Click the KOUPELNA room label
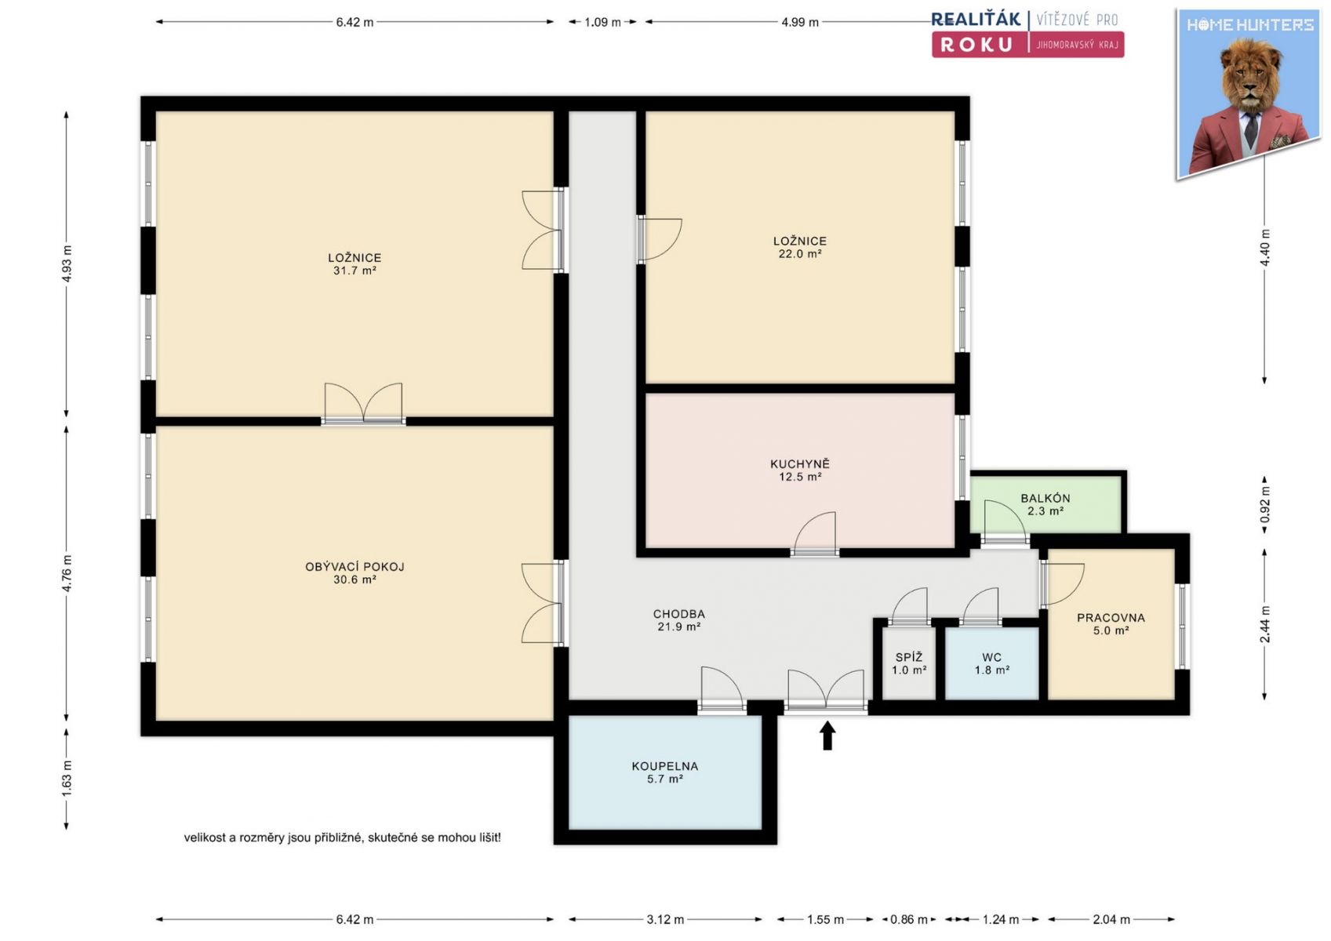(664, 766)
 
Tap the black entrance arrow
(827, 736)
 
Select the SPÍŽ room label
(908, 658)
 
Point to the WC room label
(991, 658)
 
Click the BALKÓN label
(1046, 499)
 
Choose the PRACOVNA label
(1111, 618)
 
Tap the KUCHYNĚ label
(800, 464)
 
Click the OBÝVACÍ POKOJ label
(355, 567)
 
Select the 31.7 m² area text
(355, 271)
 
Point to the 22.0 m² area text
(800, 254)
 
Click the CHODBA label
(678, 614)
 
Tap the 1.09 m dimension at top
(602, 23)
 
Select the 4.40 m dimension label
(1265, 248)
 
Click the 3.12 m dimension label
(665, 920)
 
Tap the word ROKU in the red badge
(976, 45)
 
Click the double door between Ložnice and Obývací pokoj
(363, 404)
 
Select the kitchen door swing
(815, 534)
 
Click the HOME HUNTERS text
(1249, 25)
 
